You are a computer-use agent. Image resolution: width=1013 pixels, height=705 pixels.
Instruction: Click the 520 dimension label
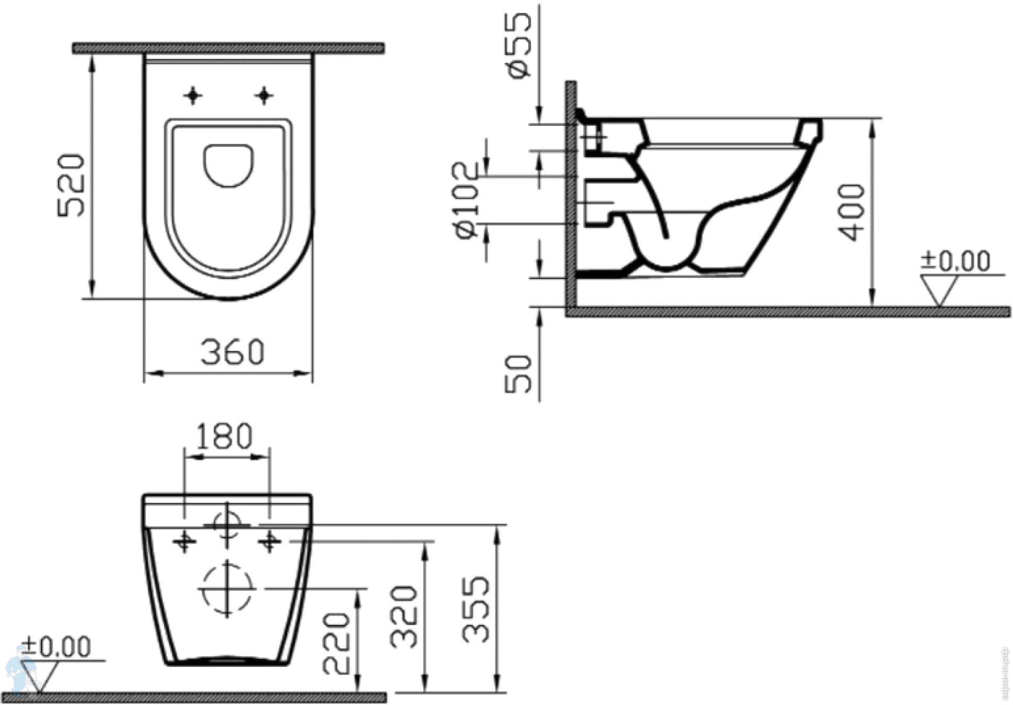[x=71, y=185]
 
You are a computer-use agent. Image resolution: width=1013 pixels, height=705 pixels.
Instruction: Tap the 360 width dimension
[x=232, y=352]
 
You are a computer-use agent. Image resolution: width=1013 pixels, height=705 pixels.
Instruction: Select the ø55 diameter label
[x=519, y=46]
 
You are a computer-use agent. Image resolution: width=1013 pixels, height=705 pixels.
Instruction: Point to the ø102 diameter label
[x=466, y=200]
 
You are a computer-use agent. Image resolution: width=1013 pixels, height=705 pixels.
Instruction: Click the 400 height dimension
[x=851, y=212]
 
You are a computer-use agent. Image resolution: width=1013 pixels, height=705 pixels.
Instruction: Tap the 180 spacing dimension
[x=224, y=436]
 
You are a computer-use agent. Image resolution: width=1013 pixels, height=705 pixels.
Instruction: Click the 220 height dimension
[x=335, y=643]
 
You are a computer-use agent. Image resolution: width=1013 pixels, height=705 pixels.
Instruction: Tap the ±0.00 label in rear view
[x=57, y=646]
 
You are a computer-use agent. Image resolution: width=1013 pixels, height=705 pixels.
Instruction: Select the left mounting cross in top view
[x=193, y=95]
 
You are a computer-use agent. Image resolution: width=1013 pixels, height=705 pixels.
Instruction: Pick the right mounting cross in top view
[x=264, y=95]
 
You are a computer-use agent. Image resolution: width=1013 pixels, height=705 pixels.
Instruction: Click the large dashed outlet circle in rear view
[x=227, y=589]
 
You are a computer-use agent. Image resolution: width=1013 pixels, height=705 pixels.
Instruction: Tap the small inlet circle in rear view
[x=227, y=524]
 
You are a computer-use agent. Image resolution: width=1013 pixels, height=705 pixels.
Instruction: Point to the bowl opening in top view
[x=228, y=165]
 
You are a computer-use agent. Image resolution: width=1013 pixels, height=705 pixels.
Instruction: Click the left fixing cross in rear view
[x=184, y=540]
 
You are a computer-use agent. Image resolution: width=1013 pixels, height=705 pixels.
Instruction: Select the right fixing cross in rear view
[x=269, y=540]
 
